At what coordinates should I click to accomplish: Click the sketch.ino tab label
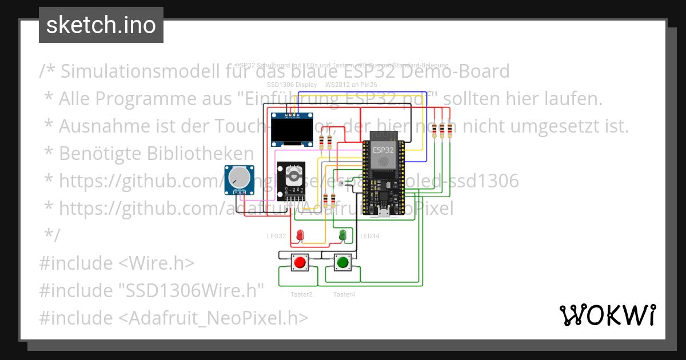click(x=101, y=25)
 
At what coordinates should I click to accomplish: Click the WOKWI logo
click(x=607, y=315)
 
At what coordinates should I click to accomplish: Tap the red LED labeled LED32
click(x=300, y=234)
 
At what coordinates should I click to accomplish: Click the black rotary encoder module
click(x=292, y=181)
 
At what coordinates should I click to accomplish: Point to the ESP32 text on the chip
click(x=383, y=149)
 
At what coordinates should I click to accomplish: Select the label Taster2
click(x=301, y=294)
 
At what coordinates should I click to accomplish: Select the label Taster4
click(x=344, y=294)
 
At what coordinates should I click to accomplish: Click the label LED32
click(x=276, y=236)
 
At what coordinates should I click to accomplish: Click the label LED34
click(x=370, y=236)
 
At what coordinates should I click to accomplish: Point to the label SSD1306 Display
click(x=292, y=85)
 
